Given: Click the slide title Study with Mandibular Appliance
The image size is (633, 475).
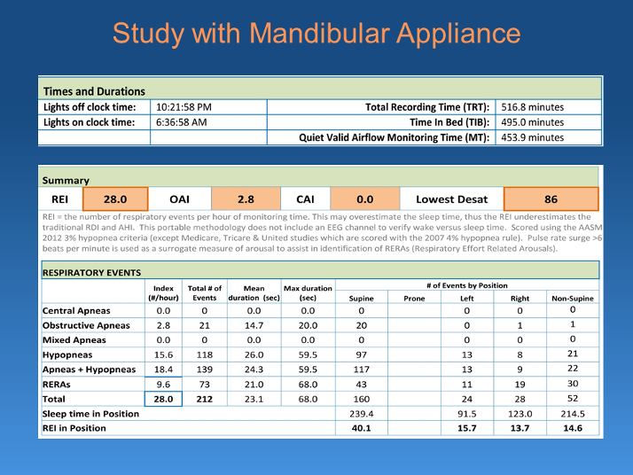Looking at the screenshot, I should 316,34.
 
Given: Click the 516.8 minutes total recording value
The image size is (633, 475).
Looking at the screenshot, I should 533,106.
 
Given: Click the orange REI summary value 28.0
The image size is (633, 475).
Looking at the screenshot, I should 115,199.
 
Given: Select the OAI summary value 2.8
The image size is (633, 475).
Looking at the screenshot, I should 246,199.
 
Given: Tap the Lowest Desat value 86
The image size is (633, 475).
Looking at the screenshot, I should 551,199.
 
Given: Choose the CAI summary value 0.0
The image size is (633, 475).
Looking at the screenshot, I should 364,199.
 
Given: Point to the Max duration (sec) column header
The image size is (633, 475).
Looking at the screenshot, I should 308,293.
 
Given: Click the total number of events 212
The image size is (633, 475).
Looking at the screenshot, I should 204,399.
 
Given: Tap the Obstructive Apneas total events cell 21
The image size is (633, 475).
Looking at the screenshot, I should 204,325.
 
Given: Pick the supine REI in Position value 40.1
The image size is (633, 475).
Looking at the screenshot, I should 362,428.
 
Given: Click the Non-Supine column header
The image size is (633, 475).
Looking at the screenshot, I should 572,299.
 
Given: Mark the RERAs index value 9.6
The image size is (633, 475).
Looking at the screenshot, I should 163,384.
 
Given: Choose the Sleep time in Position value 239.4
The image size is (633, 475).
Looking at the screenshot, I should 362,414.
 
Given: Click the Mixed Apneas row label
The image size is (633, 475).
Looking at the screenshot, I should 74,339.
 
